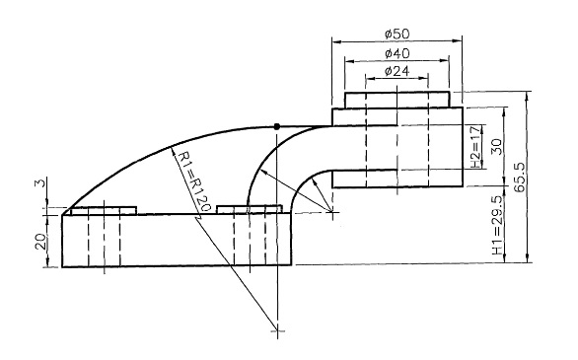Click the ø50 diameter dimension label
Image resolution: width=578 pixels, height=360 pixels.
coord(397,35)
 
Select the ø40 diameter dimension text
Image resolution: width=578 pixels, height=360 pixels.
coord(397,54)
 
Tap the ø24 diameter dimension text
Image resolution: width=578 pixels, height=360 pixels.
coord(397,71)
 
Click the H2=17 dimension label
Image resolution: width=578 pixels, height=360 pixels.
coord(476,147)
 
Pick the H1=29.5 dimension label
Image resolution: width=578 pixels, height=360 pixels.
coord(497,225)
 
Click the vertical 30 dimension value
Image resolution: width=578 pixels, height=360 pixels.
coord(497,147)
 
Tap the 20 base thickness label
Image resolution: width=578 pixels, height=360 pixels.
coord(41,242)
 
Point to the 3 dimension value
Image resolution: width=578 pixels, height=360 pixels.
coord(41,182)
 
